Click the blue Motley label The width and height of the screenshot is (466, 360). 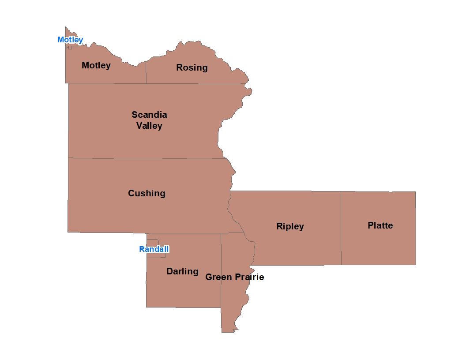pyautogui.click(x=70, y=40)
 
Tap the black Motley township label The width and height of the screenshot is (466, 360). pyautogui.click(x=96, y=65)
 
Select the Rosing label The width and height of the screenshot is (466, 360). pyautogui.click(x=192, y=67)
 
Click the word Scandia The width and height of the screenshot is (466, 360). pyautogui.click(x=149, y=115)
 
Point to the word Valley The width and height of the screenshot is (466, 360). pyautogui.click(x=149, y=126)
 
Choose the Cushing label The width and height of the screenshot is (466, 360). pyautogui.click(x=147, y=193)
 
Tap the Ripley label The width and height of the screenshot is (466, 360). pyautogui.click(x=290, y=226)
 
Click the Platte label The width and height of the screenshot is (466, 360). pyautogui.click(x=380, y=225)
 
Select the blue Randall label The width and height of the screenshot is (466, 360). pyautogui.click(x=154, y=249)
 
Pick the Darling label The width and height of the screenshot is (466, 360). pyautogui.click(x=182, y=271)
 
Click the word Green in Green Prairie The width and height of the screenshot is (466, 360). pyautogui.click(x=218, y=277)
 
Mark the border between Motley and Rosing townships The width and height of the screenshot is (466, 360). pyautogui.click(x=146, y=73)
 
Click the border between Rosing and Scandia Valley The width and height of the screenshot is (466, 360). pyautogui.click(x=194, y=83)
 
